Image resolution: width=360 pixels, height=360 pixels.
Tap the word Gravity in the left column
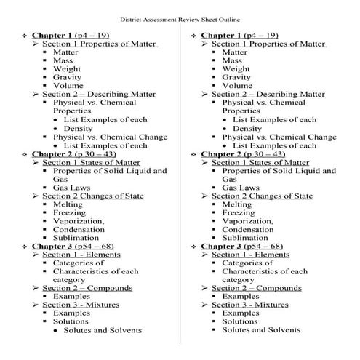click(67, 76)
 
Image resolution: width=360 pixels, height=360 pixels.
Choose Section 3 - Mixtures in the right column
click(250, 305)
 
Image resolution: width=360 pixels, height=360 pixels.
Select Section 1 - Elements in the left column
click(80, 255)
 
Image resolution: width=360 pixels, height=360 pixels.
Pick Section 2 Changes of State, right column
click(262, 196)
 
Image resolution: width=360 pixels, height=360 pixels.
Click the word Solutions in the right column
click(240, 321)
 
